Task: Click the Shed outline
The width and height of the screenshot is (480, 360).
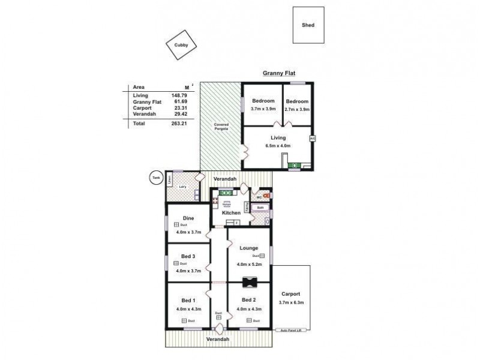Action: pyautogui.click(x=308, y=25)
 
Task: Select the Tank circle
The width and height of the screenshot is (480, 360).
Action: pyautogui.click(x=156, y=178)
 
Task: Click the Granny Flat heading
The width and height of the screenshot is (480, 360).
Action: pyautogui.click(x=279, y=74)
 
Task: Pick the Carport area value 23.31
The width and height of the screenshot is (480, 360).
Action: pyautogui.click(x=179, y=108)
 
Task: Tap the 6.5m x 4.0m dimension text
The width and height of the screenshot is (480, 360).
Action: pyautogui.click(x=278, y=146)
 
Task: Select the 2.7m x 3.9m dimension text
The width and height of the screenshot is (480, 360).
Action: pyautogui.click(x=296, y=109)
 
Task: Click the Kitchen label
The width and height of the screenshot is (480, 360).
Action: pyautogui.click(x=231, y=213)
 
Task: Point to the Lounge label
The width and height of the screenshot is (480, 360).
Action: pyautogui.click(x=248, y=248)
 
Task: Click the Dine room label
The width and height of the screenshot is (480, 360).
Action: pyautogui.click(x=188, y=218)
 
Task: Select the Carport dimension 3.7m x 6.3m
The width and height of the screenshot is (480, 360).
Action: pyautogui.click(x=291, y=303)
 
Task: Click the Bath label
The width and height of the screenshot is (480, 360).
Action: pyautogui.click(x=260, y=208)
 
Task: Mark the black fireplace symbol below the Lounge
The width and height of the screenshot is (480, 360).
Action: pyautogui.click(x=248, y=283)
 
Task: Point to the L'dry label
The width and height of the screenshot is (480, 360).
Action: pyautogui.click(x=182, y=187)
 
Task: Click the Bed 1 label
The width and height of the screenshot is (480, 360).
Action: pyautogui.click(x=187, y=300)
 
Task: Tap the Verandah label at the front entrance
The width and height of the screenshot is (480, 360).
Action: pyautogui.click(x=218, y=340)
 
